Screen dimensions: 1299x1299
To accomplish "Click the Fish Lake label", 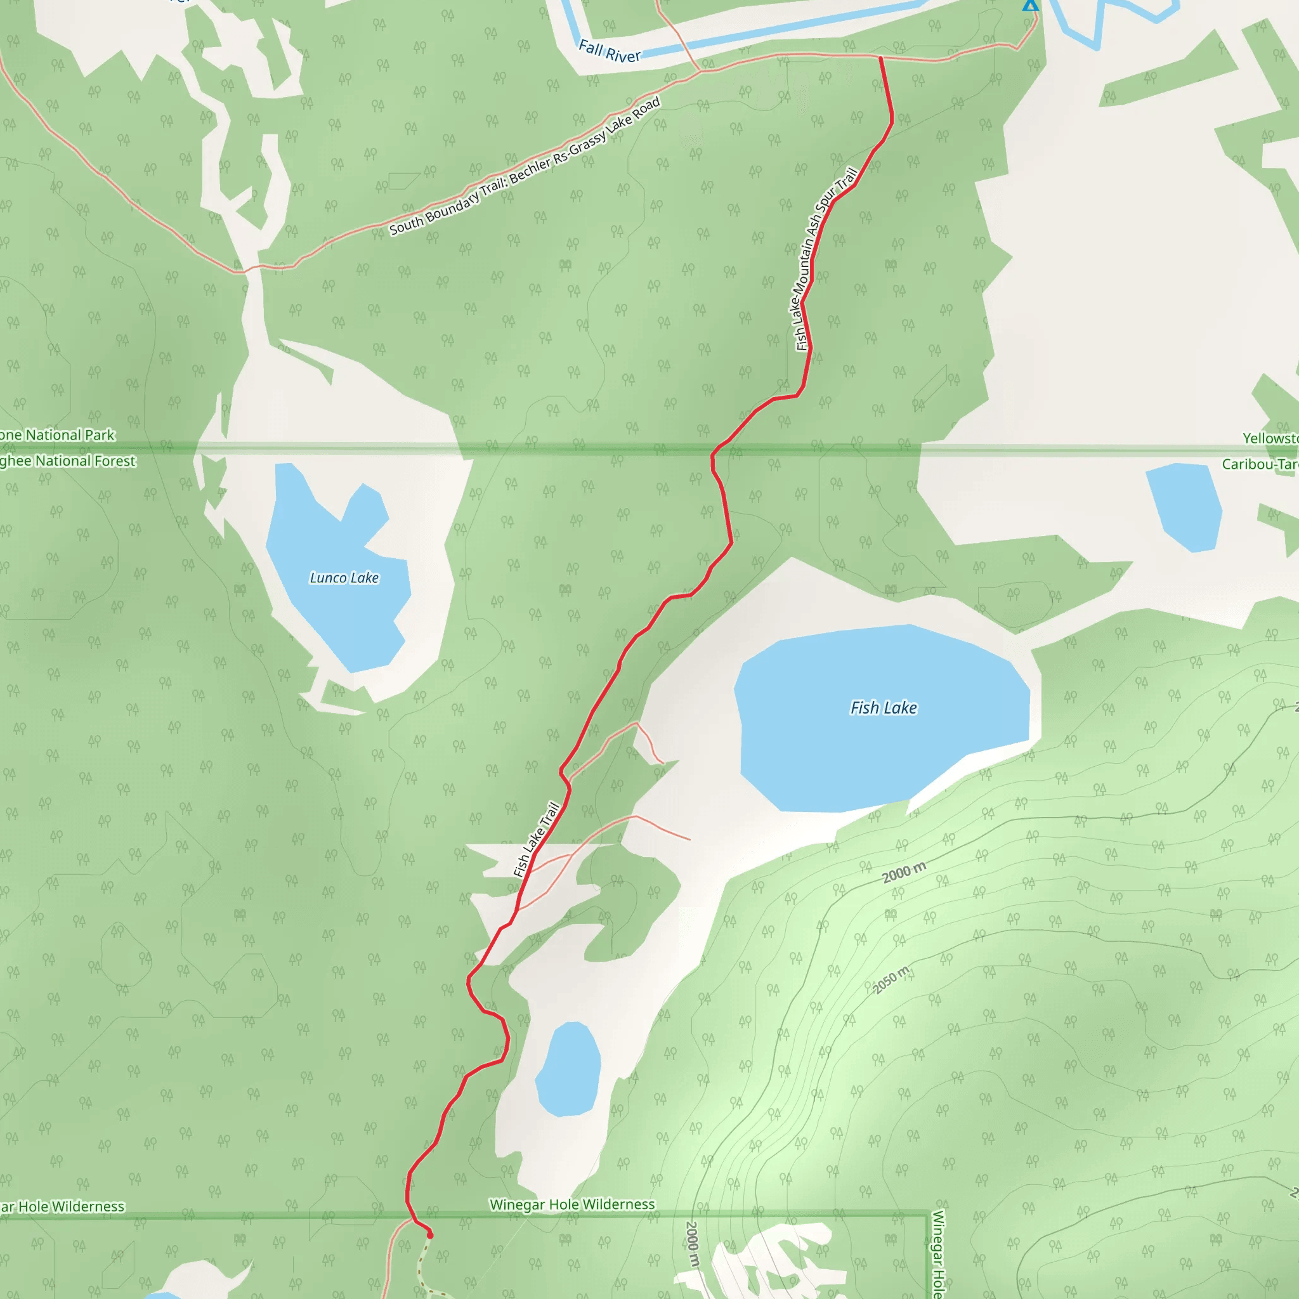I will coord(884,707).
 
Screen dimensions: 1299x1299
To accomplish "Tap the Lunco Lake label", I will coord(344,578).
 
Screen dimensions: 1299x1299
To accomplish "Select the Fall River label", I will coord(609,51).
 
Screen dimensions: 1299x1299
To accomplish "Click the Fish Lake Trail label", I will coord(536,840).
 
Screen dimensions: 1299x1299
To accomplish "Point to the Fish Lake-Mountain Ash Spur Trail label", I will coord(825,259).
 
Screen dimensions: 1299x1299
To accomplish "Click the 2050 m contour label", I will coord(892,979).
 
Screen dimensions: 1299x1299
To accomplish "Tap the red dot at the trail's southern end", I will coord(430,1235).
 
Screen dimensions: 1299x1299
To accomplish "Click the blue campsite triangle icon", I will coord(1030,5).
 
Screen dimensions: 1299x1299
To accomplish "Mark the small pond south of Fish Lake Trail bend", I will coord(569,1069).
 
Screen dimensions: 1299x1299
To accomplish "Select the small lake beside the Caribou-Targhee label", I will coord(1185,506).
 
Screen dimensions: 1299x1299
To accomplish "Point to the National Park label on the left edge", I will coord(57,435).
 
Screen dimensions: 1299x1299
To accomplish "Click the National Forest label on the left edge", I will coord(67,461).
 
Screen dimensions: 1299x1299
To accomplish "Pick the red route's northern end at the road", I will coord(881,58).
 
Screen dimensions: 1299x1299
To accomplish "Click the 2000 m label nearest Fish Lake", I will coord(904,873).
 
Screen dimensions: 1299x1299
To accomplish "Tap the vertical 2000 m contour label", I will coord(692,1244).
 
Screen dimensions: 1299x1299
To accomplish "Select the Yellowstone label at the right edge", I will coord(1270,438).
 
